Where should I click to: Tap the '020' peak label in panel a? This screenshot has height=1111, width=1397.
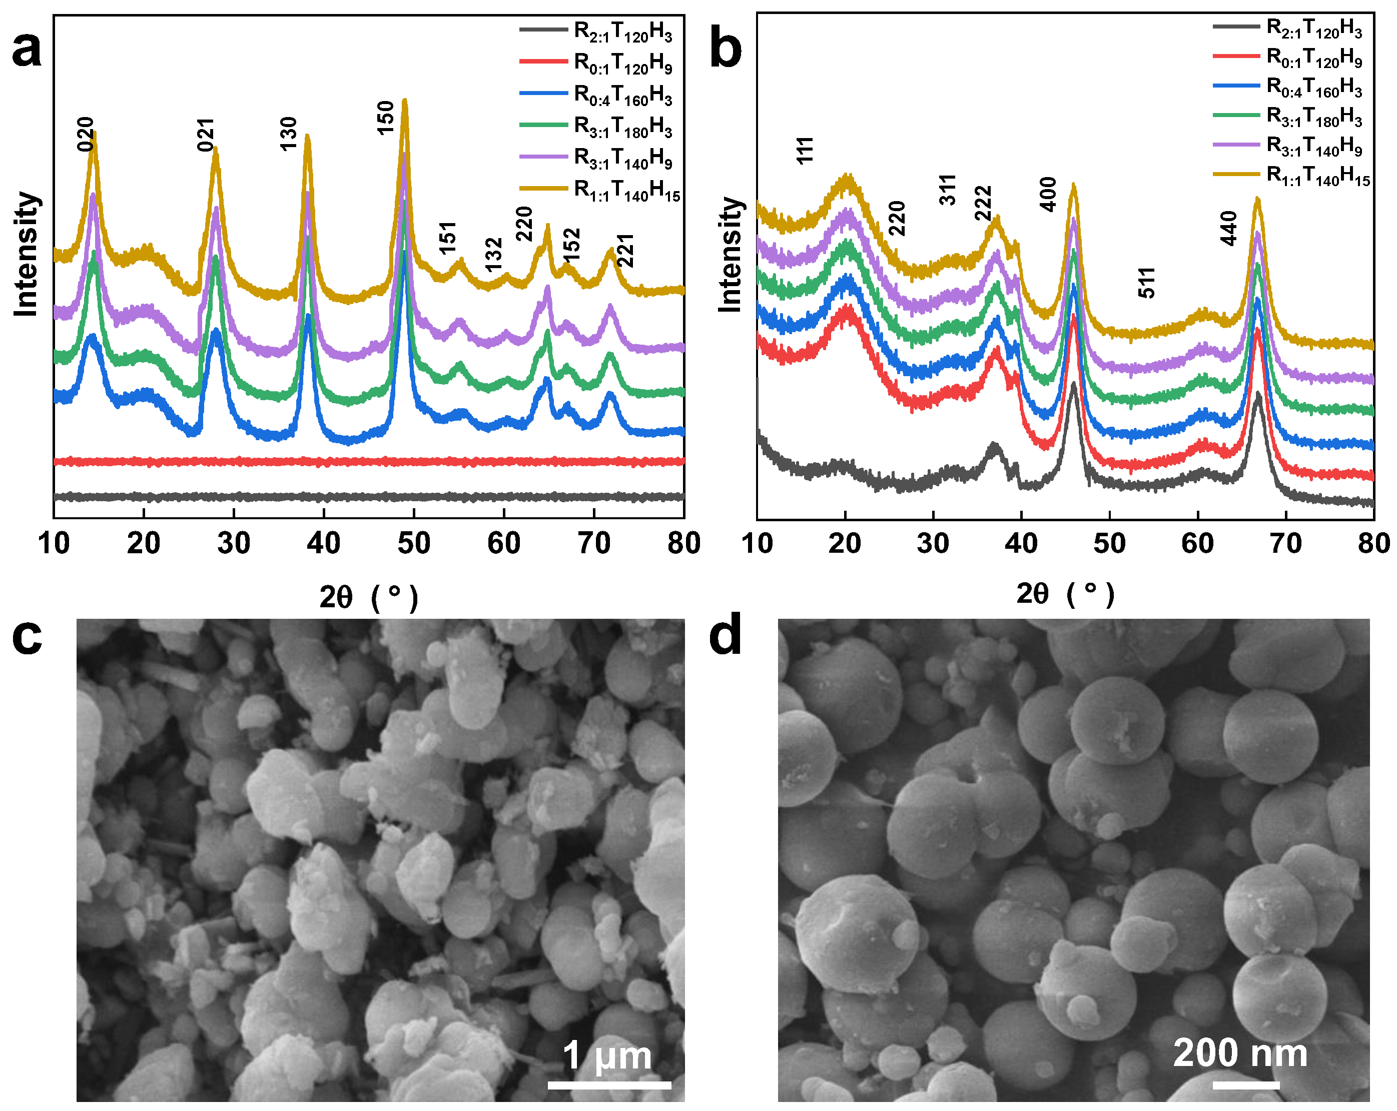coord(86,134)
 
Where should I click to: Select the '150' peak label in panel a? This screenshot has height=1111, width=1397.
coord(386,118)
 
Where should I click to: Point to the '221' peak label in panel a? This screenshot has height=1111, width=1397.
coord(625,251)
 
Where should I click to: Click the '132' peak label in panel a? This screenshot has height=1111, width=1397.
coord(494,255)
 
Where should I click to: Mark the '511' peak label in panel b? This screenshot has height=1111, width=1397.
coord(1147,283)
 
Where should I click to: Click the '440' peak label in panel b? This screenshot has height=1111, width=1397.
coord(1228,228)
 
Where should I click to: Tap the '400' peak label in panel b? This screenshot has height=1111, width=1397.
coord(1048,195)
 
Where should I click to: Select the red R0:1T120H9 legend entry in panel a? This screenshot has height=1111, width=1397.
coord(622,63)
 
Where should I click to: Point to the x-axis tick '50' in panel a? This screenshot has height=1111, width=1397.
coord(413,543)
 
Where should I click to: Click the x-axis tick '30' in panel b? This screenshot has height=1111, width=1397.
coord(933,543)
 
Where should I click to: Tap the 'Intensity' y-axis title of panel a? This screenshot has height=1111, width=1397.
coord(26,254)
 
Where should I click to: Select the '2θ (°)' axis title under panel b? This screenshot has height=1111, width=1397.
coord(1065,593)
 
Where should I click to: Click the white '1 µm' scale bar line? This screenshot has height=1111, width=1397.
coord(609,1084)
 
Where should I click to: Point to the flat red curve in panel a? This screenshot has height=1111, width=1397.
coord(369,461)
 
